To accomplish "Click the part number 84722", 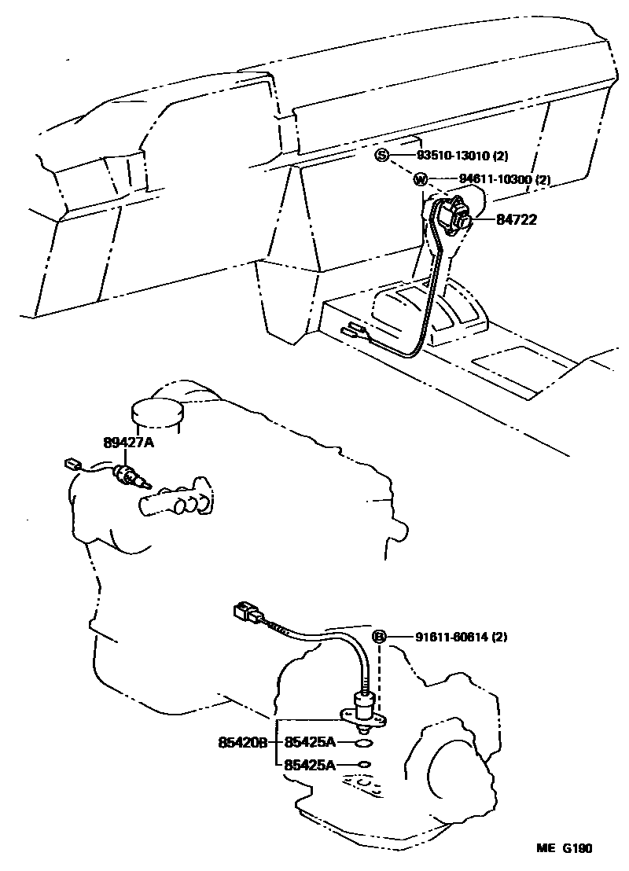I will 516,220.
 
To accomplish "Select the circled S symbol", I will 381,156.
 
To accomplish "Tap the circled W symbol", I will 421,180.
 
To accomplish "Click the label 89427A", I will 128,443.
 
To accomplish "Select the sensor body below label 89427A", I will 127,476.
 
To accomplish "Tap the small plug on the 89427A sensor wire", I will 75,465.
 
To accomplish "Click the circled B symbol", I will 379,637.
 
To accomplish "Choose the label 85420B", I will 243,742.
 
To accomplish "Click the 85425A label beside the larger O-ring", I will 310,742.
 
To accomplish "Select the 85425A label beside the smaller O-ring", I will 310,764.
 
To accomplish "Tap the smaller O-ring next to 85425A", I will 362,764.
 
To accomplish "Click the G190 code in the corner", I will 576,848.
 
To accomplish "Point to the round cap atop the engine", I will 156,410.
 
